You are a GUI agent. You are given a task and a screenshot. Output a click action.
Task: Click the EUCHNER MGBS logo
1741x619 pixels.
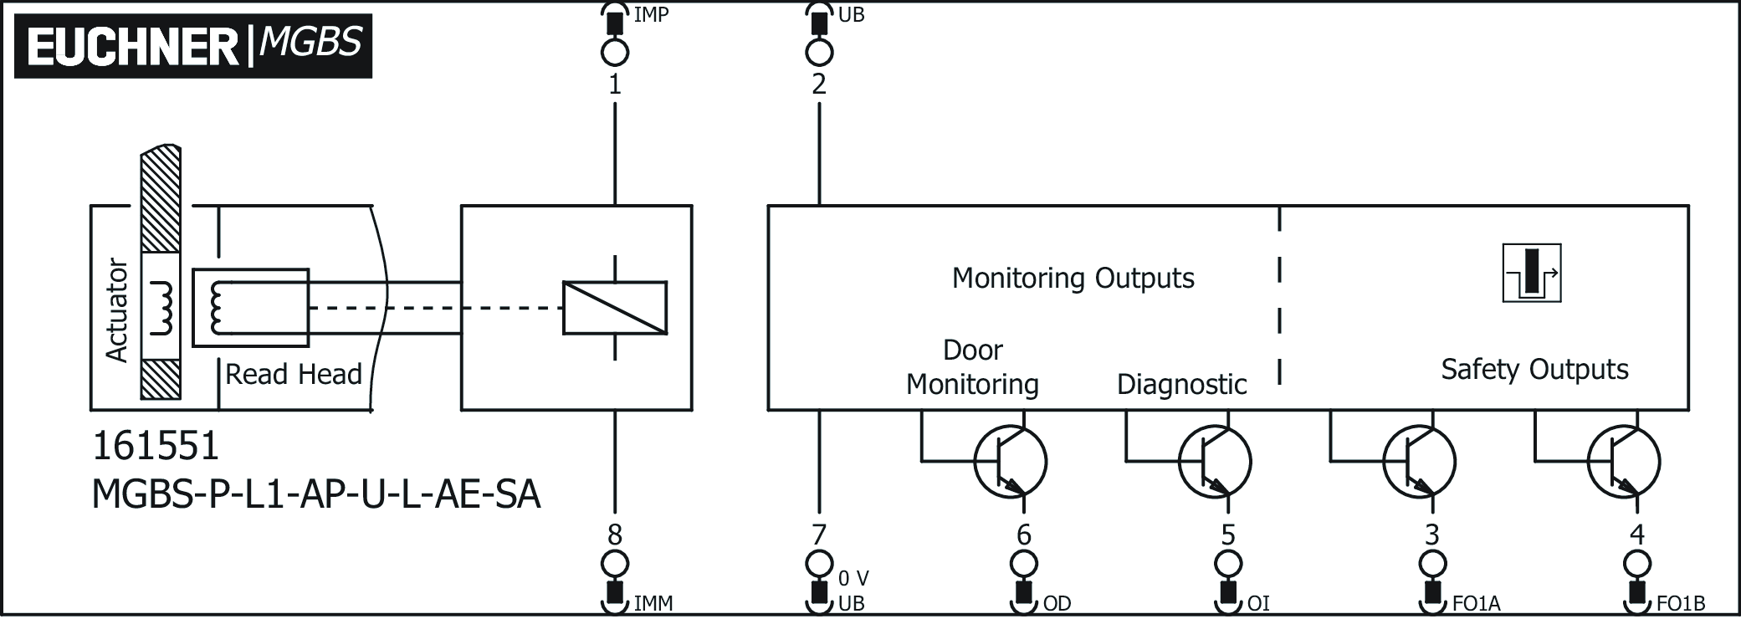(x=193, y=46)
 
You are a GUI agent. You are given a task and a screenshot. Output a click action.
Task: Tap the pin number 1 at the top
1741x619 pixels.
(x=615, y=84)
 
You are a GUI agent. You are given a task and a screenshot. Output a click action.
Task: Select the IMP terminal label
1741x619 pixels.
(x=651, y=14)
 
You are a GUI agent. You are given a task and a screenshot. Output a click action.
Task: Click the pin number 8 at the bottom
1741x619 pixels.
(x=615, y=535)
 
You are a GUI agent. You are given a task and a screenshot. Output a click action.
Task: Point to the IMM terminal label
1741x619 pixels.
(x=653, y=603)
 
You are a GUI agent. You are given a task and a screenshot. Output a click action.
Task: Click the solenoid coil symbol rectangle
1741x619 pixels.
(x=615, y=309)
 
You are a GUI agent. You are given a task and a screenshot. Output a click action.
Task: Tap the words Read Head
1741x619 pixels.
(x=294, y=374)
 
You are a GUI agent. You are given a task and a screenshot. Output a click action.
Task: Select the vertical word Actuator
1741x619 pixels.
(x=117, y=309)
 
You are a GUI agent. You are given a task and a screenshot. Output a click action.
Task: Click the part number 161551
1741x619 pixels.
(x=156, y=447)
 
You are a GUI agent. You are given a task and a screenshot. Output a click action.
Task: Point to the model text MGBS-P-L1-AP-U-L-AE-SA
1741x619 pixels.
(x=316, y=494)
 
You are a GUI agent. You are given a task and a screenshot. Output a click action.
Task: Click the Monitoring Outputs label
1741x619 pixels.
(x=1073, y=278)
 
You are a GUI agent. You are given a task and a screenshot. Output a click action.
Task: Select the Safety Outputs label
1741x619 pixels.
(x=1534, y=369)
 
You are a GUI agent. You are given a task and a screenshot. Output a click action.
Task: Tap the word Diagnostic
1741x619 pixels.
(x=1181, y=384)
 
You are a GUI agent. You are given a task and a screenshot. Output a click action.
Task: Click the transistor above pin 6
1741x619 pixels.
(x=1011, y=461)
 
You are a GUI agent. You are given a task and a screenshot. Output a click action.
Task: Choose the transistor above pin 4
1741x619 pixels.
(x=1624, y=461)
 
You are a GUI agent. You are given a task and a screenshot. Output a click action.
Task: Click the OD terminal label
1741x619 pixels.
(x=1057, y=603)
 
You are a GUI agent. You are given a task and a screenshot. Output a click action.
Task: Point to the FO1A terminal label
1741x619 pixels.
(x=1477, y=603)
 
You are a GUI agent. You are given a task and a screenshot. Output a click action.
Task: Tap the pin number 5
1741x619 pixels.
(x=1228, y=535)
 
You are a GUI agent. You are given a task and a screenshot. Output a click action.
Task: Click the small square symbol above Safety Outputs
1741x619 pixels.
(x=1532, y=273)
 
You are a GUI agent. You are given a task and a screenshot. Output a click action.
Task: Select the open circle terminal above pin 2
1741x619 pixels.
(x=819, y=53)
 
